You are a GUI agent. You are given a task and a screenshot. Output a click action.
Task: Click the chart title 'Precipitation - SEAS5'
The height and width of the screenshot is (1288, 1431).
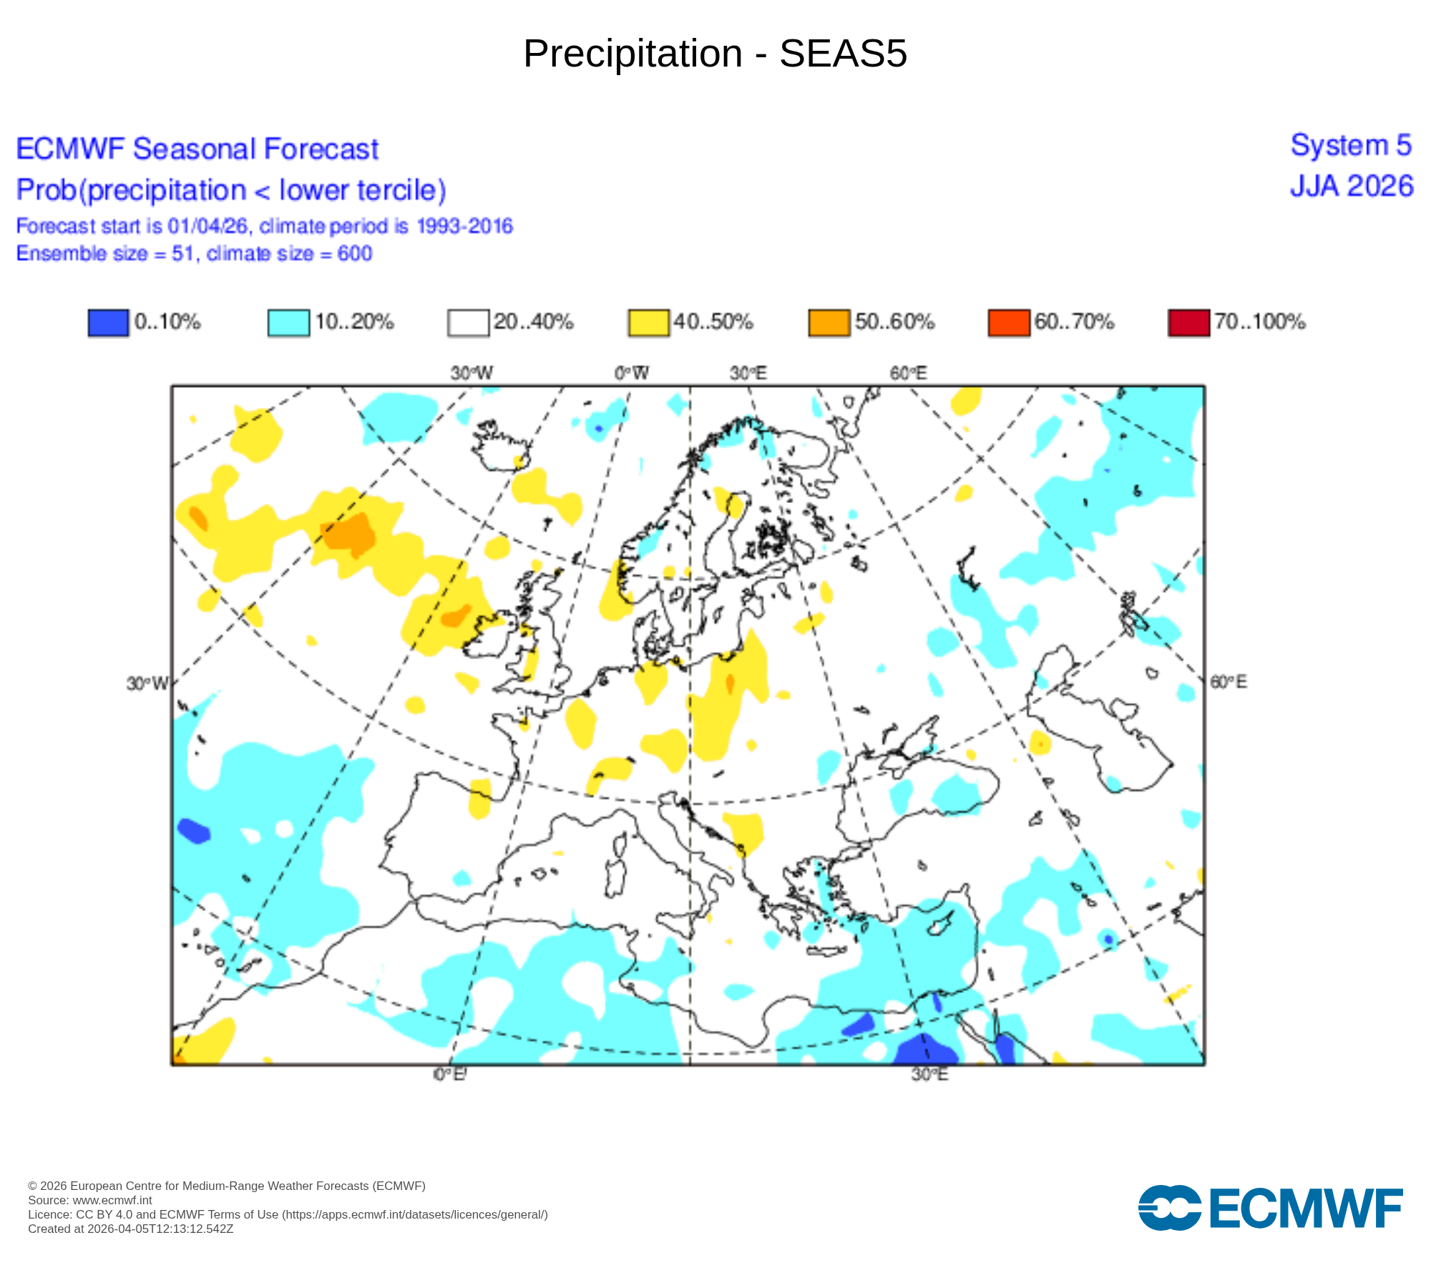pyautogui.click(x=715, y=54)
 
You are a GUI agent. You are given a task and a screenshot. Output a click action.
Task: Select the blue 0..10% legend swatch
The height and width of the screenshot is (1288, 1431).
pyautogui.click(x=108, y=323)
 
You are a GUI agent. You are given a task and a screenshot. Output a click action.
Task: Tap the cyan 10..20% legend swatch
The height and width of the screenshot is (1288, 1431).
pyautogui.click(x=288, y=323)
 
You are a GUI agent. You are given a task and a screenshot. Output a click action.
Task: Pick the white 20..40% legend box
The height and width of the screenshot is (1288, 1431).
pyautogui.click(x=468, y=323)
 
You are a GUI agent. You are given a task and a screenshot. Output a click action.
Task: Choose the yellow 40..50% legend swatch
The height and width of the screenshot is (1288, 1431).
pyautogui.click(x=648, y=323)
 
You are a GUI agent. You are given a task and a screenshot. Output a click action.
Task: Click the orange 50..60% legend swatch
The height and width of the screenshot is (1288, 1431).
pyautogui.click(x=829, y=323)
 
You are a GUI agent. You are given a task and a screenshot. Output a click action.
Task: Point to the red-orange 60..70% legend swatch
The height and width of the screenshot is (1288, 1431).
pyautogui.click(x=1008, y=323)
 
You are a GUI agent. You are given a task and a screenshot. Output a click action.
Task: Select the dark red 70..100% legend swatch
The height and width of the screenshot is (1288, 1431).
pyautogui.click(x=1188, y=323)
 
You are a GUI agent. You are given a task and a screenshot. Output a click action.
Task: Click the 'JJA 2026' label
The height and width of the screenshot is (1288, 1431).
pyautogui.click(x=1352, y=187)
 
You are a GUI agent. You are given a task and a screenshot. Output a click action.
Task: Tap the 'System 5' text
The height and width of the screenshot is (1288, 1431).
pyautogui.click(x=1351, y=146)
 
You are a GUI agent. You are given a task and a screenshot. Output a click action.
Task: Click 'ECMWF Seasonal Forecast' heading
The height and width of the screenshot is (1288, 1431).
pyautogui.click(x=197, y=150)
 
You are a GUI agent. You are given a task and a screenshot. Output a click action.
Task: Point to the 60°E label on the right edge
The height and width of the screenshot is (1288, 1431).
pyautogui.click(x=1228, y=682)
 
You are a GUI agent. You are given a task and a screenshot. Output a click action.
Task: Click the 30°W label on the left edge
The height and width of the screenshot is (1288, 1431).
pyautogui.click(x=147, y=684)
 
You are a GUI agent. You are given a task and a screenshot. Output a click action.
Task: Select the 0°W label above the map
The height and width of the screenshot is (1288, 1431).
pyautogui.click(x=632, y=374)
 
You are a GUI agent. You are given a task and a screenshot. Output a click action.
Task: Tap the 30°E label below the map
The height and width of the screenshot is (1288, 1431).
pyautogui.click(x=929, y=1075)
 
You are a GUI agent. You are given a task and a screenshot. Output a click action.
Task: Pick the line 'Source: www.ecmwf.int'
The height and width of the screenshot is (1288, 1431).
pyautogui.click(x=90, y=1200)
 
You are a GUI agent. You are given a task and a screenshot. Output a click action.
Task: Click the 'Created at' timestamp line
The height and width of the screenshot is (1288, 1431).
pyautogui.click(x=131, y=1229)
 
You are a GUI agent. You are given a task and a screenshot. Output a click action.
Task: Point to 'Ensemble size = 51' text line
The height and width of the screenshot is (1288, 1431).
pyautogui.click(x=194, y=254)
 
